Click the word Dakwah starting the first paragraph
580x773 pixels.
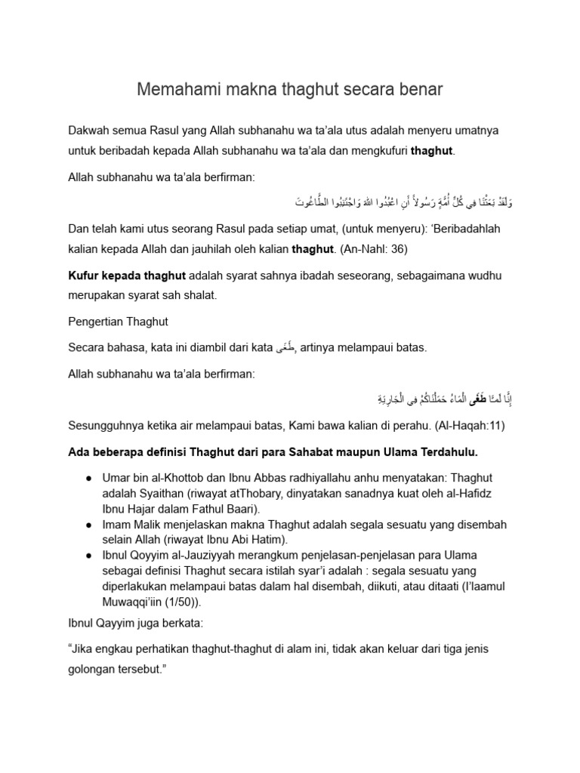[90, 131]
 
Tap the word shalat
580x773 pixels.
[199, 296]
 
